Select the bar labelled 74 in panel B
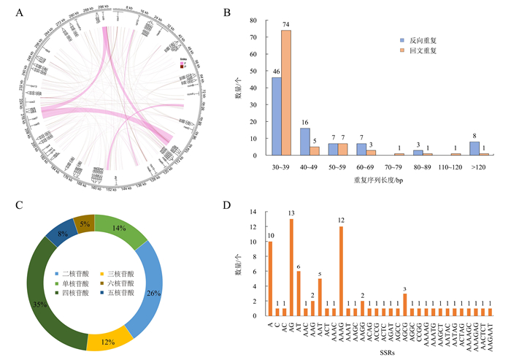(286, 93)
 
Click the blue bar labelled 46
(277, 116)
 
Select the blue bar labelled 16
(305, 142)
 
